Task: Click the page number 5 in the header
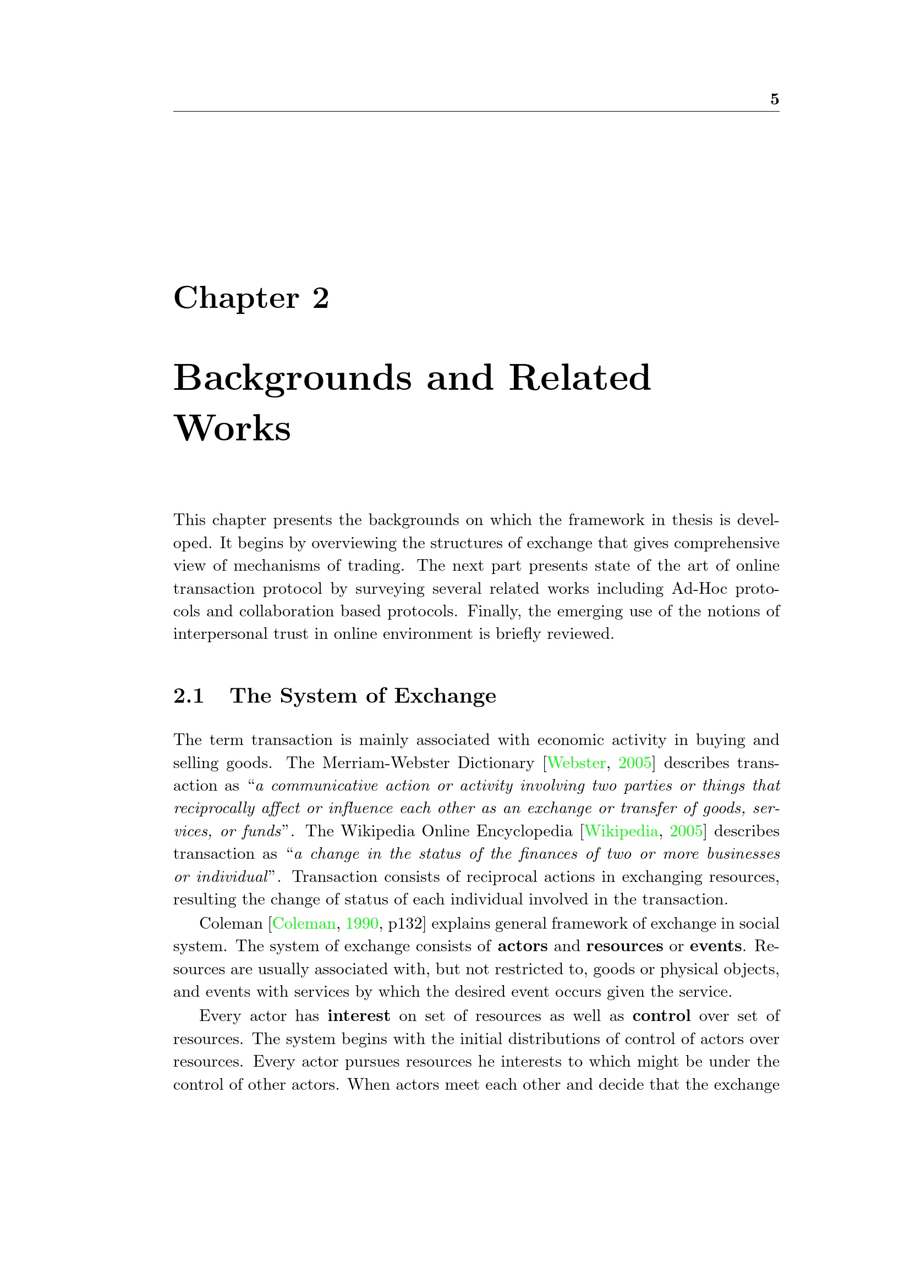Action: [775, 99]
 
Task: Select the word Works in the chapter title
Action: [233, 429]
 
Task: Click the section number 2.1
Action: [189, 696]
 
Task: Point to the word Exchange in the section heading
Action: [445, 696]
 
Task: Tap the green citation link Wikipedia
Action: [621, 831]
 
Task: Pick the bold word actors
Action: [522, 946]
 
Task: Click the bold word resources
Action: [624, 946]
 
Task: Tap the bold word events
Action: [716, 946]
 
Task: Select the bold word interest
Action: [359, 1016]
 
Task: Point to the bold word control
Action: [661, 1016]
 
